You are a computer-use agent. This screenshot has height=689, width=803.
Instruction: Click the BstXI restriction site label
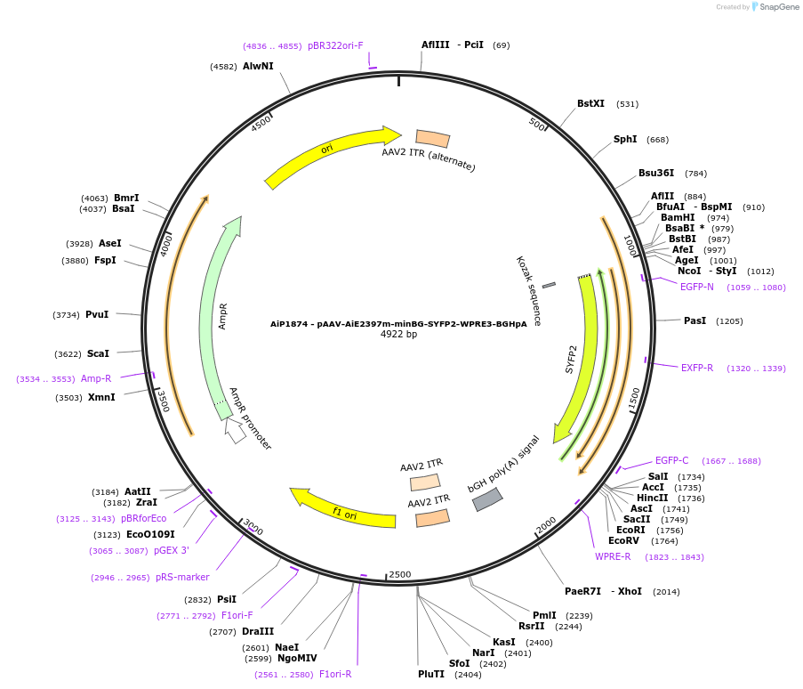click(x=590, y=104)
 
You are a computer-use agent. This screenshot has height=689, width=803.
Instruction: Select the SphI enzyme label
click(x=625, y=140)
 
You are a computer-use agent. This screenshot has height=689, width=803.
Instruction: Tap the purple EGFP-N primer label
click(x=696, y=287)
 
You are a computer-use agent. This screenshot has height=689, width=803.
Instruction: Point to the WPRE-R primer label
click(x=613, y=557)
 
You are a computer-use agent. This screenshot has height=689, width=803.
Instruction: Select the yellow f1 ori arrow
click(x=343, y=507)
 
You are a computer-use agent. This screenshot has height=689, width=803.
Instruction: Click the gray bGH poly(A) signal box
click(x=487, y=500)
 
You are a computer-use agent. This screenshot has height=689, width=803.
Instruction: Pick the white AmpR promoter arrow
click(x=235, y=431)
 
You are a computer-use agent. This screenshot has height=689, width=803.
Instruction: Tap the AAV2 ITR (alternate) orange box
click(x=433, y=138)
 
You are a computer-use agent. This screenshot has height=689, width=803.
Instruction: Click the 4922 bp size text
click(x=398, y=335)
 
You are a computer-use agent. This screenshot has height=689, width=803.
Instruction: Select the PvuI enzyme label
click(x=97, y=314)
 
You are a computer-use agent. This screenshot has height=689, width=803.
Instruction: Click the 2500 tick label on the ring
click(x=400, y=574)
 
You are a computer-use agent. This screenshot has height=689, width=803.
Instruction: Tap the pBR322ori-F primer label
click(x=335, y=45)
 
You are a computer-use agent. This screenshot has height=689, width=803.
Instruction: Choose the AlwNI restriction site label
click(x=258, y=66)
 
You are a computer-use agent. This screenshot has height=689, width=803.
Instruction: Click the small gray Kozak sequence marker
click(x=549, y=285)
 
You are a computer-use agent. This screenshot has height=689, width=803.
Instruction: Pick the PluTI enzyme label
click(x=431, y=674)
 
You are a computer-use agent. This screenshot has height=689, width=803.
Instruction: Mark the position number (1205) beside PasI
click(x=729, y=321)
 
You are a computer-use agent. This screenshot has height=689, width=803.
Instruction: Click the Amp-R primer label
click(x=96, y=378)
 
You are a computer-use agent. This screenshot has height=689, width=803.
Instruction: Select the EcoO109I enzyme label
click(x=150, y=534)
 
